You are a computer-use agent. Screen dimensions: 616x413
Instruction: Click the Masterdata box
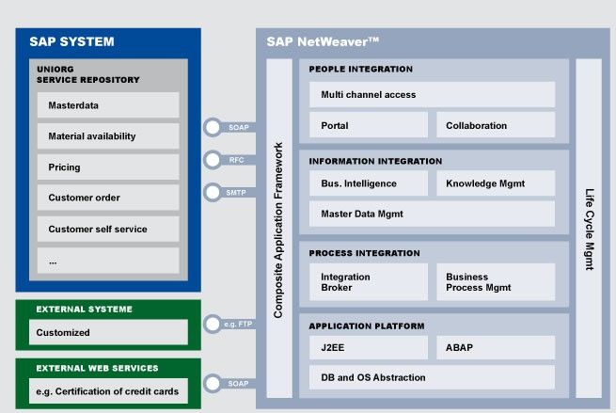(108, 105)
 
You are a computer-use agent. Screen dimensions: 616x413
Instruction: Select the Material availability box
(108, 136)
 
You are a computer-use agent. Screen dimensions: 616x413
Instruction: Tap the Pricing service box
(108, 167)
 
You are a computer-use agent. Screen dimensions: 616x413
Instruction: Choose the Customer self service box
(108, 229)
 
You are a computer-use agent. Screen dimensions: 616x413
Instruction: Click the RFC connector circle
(213, 160)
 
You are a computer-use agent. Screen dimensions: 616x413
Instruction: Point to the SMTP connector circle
(213, 193)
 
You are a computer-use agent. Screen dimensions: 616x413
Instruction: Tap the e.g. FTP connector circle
(213, 325)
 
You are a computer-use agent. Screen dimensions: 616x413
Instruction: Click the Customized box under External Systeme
(108, 332)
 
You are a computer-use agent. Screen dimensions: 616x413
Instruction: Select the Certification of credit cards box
(108, 391)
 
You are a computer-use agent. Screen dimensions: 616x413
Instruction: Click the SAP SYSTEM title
(71, 41)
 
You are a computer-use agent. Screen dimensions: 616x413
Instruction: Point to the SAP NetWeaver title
(323, 41)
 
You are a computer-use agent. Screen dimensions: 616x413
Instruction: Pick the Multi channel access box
(433, 94)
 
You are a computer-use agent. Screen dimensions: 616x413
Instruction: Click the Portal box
(369, 125)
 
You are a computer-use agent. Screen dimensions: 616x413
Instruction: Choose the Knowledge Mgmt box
(496, 183)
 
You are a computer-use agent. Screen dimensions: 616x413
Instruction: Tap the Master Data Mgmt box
(433, 214)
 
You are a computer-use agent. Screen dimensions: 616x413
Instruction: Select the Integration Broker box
(369, 281)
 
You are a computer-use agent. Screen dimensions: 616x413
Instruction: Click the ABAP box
(496, 347)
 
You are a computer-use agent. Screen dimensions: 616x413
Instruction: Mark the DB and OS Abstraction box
(433, 377)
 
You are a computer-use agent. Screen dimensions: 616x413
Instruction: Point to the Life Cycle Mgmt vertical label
(590, 230)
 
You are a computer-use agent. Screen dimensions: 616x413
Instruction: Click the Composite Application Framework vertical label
(278, 230)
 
